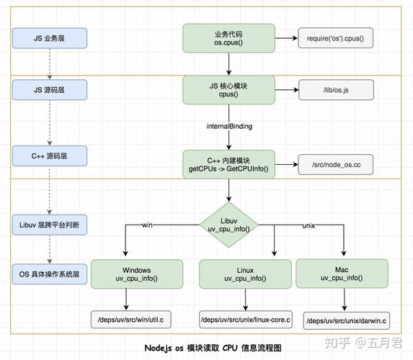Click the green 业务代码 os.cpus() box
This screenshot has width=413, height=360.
[228, 37]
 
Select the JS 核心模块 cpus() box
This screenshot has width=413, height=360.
[228, 89]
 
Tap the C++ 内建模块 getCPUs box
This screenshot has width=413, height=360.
[228, 163]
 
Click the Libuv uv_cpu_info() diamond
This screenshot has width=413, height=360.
[228, 224]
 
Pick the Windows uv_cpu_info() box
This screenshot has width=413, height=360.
[136, 274]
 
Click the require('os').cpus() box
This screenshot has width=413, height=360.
[334, 37]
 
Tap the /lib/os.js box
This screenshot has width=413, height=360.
[334, 89]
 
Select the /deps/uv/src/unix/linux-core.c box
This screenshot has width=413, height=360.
[246, 318]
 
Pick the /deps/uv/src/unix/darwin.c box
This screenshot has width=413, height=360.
[345, 319]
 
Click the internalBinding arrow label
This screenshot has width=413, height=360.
[228, 125]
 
